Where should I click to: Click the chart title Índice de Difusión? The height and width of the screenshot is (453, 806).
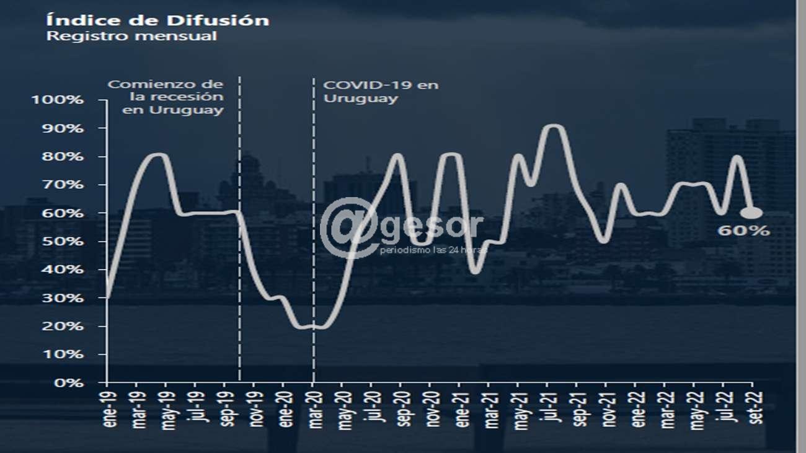(x=158, y=20)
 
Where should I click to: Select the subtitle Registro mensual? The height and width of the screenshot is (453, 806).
(x=132, y=36)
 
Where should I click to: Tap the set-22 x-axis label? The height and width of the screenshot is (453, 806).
(x=755, y=409)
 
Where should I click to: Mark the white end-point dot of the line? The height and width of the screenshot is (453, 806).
(x=751, y=213)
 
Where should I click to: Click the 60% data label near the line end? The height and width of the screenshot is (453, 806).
(x=743, y=231)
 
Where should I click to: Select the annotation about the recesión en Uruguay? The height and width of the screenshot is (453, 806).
(x=166, y=97)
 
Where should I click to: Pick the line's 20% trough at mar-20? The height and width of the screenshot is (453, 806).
(x=313, y=326)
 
